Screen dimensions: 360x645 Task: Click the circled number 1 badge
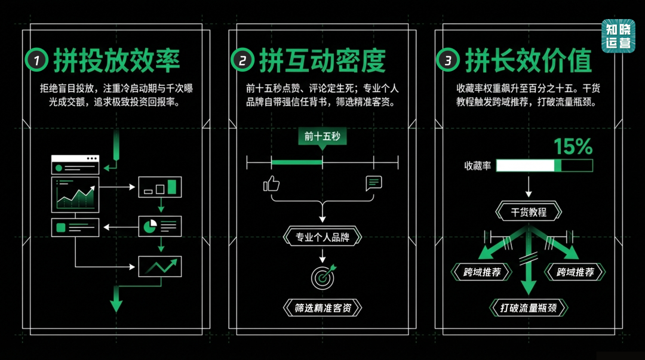coord(36,60)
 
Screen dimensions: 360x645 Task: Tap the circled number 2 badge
coord(242,60)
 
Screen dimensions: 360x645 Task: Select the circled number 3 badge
coord(448,60)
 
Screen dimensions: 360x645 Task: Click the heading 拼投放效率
coord(116,60)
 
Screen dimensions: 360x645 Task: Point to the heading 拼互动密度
coord(322,60)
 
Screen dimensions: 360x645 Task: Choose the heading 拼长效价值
coord(528,60)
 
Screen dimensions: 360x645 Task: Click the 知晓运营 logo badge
coord(618,36)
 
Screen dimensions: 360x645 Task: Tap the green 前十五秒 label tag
coord(322,137)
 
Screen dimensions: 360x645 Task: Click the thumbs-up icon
coord(272,183)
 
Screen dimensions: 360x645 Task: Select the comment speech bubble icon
coord(374,183)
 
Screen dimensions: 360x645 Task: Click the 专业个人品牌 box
coord(322,237)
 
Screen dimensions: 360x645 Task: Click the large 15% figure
coord(573,146)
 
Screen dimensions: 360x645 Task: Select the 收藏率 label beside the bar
coord(477,166)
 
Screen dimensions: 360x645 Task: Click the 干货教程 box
coord(529,211)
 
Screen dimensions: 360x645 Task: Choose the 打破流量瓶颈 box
coord(529,307)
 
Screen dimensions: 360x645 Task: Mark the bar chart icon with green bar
coord(159,187)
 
